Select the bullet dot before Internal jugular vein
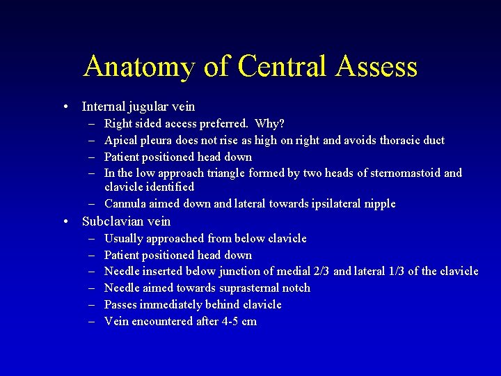65,107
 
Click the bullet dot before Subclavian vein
65,222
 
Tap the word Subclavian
114,221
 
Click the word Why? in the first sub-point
269,124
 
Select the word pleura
155,141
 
